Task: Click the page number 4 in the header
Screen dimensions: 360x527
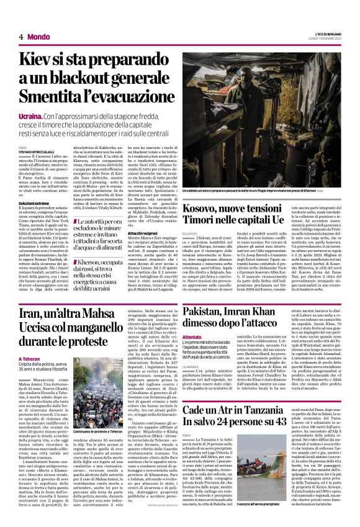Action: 21,37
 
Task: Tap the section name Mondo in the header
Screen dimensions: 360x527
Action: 38,37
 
